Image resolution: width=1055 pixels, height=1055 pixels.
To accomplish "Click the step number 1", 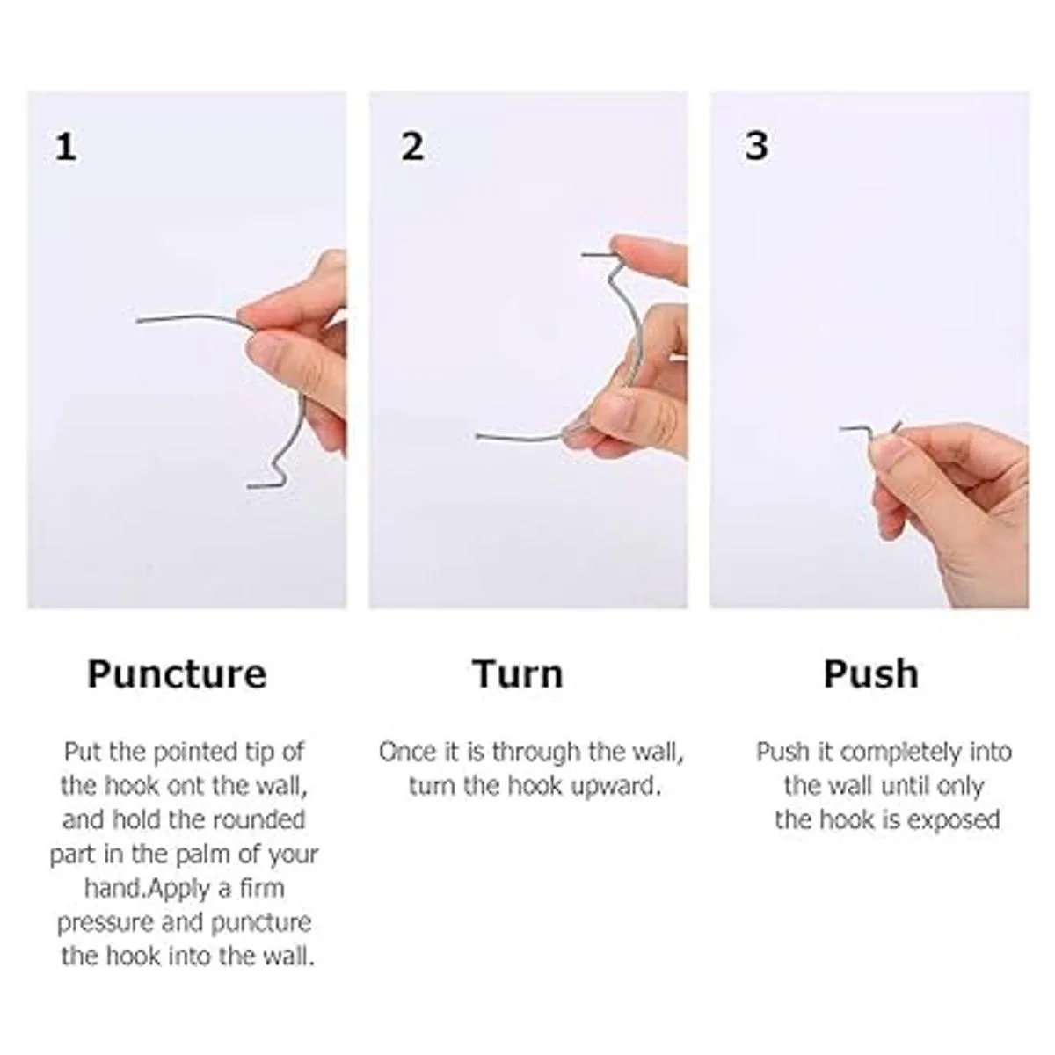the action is click(x=66, y=148).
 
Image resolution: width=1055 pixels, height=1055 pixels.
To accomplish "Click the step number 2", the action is click(x=412, y=147).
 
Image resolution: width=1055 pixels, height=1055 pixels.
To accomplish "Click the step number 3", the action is click(x=757, y=146).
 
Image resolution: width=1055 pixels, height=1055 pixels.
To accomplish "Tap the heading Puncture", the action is click(x=177, y=674).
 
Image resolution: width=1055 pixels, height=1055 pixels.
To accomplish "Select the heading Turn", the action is click(x=518, y=674).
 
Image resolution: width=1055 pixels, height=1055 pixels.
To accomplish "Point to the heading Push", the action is click(x=871, y=674).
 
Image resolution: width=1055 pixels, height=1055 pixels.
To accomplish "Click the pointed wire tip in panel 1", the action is click(x=138, y=320).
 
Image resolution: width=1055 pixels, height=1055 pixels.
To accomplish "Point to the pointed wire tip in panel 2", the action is click(x=478, y=436).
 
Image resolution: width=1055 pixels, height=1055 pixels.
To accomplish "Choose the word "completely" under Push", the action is click(x=901, y=753).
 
